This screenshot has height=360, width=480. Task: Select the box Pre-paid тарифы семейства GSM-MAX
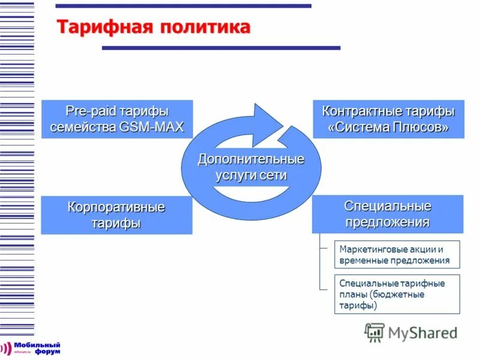(117, 119)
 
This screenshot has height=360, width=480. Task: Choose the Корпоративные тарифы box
(116, 215)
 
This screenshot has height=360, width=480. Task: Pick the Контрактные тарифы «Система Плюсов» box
(388, 119)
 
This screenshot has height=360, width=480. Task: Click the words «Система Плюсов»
(388, 128)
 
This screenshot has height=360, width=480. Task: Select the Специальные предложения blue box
(388, 214)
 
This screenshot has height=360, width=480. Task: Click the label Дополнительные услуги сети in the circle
(251, 167)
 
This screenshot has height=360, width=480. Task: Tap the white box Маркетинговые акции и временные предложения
(397, 254)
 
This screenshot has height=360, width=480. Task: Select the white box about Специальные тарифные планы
(397, 294)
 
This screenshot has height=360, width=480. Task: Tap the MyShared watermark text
(422, 332)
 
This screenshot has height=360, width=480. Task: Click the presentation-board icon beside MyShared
(374, 332)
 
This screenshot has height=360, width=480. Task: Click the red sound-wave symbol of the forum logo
(7, 349)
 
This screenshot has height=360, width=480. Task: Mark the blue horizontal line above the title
(183, 6)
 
